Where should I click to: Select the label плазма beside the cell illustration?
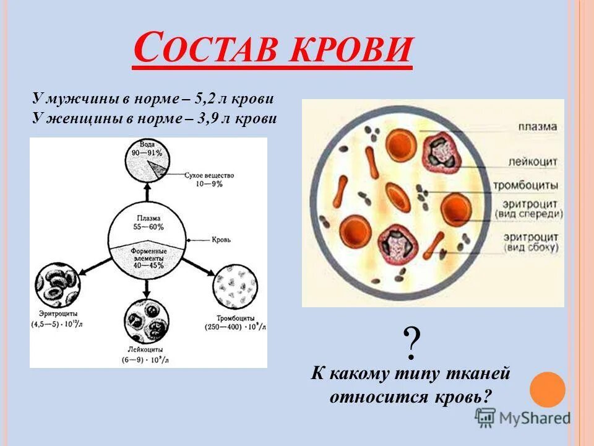537,127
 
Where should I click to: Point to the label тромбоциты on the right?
526,185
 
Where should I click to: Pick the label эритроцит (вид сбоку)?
530,242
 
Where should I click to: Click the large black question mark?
411,344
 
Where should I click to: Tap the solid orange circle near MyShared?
548,389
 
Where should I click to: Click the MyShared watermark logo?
523,418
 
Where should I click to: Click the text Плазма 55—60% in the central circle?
148,222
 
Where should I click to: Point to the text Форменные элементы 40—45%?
147,257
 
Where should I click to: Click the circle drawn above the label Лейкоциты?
147,320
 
